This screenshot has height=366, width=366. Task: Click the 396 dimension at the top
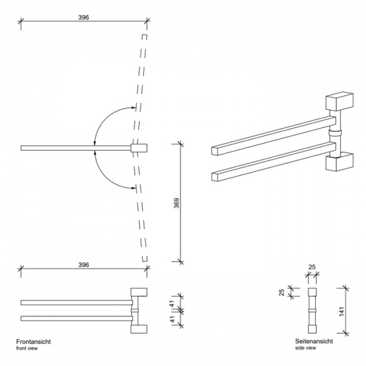pos(84,17)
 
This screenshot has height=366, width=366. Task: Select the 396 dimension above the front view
pos(84,265)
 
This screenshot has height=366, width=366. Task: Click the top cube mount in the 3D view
pos(340,101)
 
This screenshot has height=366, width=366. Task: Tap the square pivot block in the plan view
pos(139,147)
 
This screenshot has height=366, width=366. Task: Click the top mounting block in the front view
pos(140,292)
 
